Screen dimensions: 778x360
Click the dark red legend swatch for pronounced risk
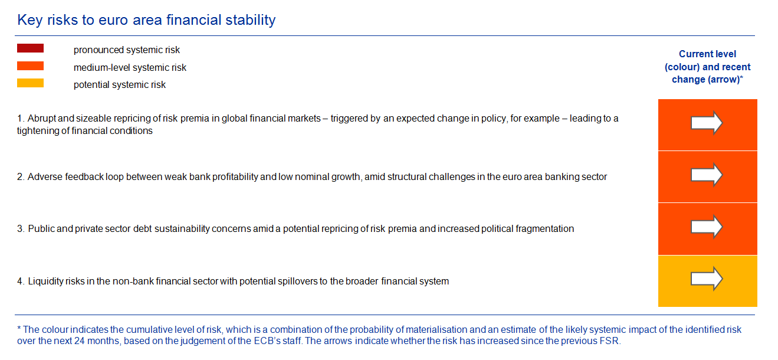30,48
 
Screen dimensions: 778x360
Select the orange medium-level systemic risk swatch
30,66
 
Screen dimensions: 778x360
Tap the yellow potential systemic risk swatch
30,83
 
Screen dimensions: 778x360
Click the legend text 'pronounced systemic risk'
126,50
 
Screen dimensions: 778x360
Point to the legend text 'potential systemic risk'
120,85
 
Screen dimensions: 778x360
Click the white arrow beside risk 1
707,123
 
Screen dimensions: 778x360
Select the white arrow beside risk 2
707,175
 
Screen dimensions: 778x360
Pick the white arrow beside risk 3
707,227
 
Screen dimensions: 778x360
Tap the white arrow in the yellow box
707,279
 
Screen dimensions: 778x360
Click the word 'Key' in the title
30,20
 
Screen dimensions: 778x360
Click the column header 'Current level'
707,54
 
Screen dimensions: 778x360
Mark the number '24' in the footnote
79,341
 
